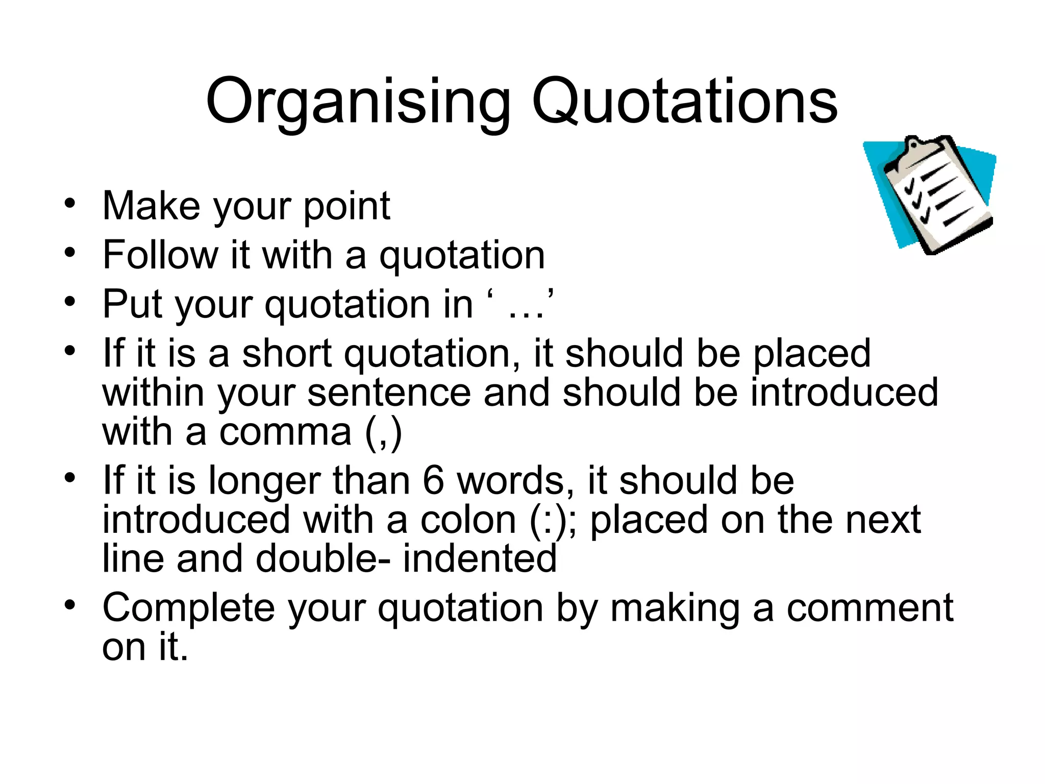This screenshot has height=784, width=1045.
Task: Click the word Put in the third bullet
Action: [x=132, y=304]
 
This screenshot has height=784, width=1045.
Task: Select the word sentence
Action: [x=389, y=393]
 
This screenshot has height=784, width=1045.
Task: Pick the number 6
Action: [x=433, y=481]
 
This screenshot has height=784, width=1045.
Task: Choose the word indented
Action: [x=480, y=558]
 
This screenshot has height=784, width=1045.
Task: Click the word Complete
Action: [x=189, y=608]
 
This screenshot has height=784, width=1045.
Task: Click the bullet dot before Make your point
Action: [x=70, y=204]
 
